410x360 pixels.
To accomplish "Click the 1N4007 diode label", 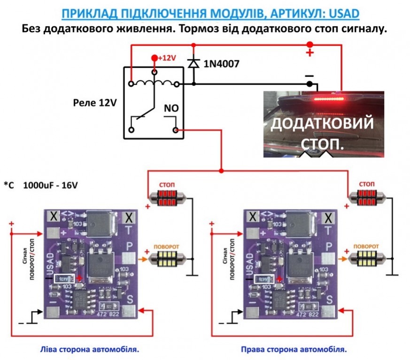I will click(221, 63).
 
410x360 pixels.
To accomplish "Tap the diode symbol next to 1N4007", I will click(193, 62).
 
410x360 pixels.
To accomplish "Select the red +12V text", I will click(166, 58).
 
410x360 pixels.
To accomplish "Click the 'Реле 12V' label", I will click(95, 102).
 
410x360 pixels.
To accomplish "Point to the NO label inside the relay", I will click(170, 108).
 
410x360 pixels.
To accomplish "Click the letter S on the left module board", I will click(132, 299).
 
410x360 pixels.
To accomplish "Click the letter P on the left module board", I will click(131, 245).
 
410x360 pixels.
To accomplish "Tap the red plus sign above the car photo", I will click(309, 53).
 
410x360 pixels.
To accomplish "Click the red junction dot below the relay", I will click(221, 170).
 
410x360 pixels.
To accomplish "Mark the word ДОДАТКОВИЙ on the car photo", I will click(323, 124).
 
